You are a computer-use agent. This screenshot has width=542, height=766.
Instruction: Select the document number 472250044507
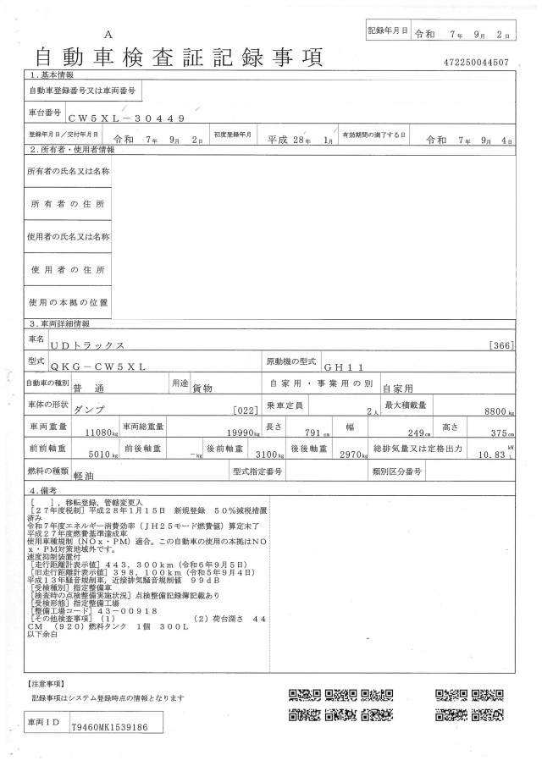click(x=476, y=63)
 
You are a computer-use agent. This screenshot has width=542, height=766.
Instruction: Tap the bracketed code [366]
click(x=501, y=345)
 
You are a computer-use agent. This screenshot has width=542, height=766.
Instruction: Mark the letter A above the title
click(x=108, y=33)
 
